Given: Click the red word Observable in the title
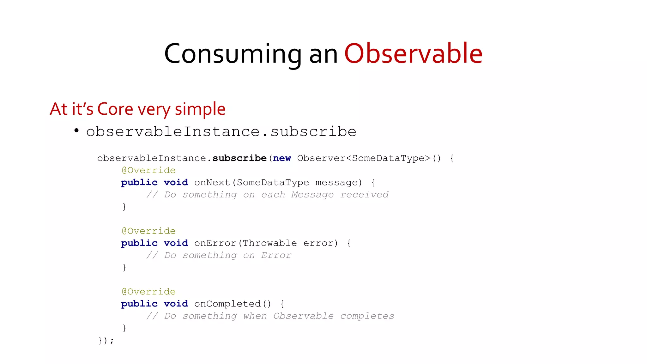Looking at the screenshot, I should [413, 54].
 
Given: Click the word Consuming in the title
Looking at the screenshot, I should [233, 54].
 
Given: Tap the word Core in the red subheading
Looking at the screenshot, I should [115, 109].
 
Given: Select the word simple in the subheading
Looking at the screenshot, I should [200, 110].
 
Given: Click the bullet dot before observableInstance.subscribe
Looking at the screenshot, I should [76, 130].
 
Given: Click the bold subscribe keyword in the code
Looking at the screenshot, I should [239, 158].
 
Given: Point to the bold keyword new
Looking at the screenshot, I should [282, 158].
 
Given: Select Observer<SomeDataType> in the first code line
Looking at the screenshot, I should [364, 158].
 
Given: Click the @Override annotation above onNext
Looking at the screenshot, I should [148, 170].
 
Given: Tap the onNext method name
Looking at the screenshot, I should [212, 182].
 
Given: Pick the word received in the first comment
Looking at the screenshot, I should [364, 195].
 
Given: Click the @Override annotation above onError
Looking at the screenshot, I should [148, 231].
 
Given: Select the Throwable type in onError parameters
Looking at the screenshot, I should [269, 243].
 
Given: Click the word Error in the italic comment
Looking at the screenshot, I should [276, 255].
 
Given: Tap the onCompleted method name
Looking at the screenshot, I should [227, 304].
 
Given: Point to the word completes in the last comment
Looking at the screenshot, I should [367, 316].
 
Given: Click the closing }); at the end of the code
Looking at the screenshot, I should [106, 340].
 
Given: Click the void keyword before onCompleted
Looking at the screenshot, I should [176, 304].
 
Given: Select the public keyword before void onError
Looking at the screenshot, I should [139, 243].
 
